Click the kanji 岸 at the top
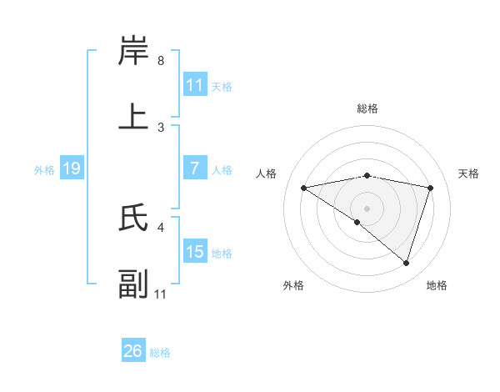click(x=134, y=52)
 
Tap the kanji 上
click(x=134, y=118)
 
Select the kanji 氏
click(x=134, y=218)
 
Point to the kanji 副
click(x=134, y=284)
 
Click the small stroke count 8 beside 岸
click(x=161, y=61)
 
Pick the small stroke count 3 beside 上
click(x=161, y=127)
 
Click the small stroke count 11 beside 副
click(x=161, y=294)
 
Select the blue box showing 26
click(x=133, y=352)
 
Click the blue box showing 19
click(x=72, y=169)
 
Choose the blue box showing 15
click(x=195, y=252)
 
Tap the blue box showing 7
click(x=195, y=169)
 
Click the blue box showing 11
click(x=195, y=85)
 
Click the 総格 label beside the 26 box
click(x=160, y=353)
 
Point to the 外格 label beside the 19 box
click(x=44, y=170)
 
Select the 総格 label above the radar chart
click(x=367, y=108)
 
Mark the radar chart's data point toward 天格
click(x=431, y=188)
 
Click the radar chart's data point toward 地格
click(x=407, y=263)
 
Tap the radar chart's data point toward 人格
click(x=303, y=188)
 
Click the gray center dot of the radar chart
click(x=367, y=208)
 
